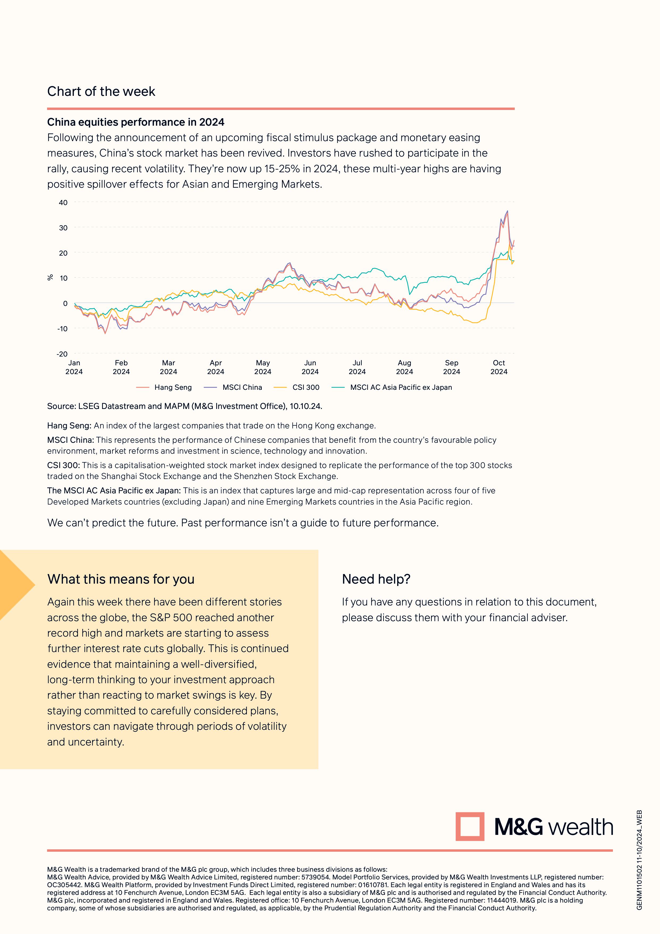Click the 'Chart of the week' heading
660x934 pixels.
point(101,92)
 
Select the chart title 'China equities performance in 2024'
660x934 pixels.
point(136,122)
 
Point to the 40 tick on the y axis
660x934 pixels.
point(63,203)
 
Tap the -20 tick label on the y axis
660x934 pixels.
point(62,354)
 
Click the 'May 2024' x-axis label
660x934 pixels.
point(263,367)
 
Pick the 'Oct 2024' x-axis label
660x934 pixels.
point(499,367)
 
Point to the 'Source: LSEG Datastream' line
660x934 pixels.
point(185,406)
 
